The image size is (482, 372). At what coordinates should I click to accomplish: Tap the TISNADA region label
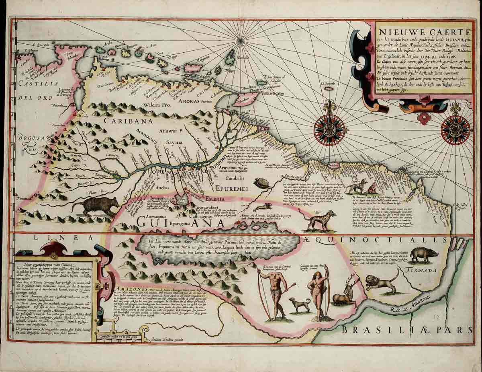(422, 271)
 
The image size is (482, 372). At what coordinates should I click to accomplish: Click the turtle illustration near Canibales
(263, 183)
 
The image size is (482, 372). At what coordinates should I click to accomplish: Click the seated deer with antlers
(346, 292)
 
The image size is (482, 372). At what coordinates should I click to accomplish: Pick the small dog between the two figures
(300, 304)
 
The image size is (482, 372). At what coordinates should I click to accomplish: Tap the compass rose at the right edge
(455, 129)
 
